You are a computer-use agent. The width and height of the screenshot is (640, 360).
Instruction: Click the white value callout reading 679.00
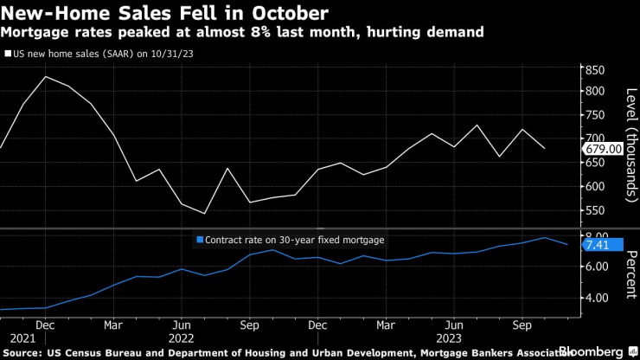tap(604, 149)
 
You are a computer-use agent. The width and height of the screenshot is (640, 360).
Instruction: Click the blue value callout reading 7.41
tap(599, 245)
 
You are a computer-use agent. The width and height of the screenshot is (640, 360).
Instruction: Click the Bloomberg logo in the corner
tap(598, 352)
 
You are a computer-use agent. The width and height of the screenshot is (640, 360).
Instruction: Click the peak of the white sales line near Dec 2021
tap(46, 76)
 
